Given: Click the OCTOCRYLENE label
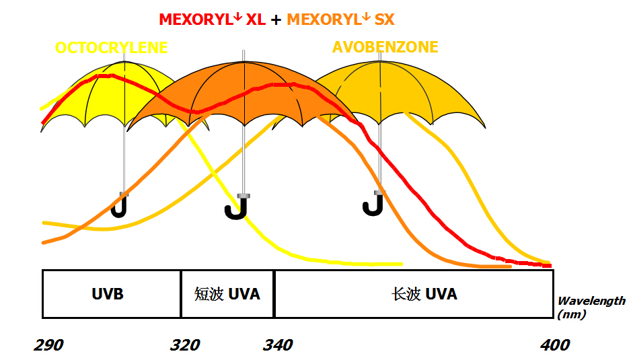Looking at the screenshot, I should click(x=111, y=48).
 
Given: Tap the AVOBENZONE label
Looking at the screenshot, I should click(x=385, y=47).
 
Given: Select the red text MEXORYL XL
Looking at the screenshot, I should click(x=212, y=20).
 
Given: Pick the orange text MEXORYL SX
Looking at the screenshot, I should click(x=340, y=20).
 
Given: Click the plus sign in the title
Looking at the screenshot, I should click(x=276, y=20).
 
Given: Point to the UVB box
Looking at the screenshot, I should click(x=111, y=294).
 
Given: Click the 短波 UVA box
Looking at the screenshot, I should click(x=227, y=294).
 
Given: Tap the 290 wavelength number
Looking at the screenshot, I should click(x=49, y=345).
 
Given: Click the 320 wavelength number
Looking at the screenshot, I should click(x=185, y=345).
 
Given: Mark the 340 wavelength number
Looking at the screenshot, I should click(x=277, y=345).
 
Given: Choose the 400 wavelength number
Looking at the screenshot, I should click(x=555, y=345).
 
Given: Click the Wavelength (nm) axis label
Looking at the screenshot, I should click(x=591, y=308).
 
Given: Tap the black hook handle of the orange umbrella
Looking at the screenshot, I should click(x=237, y=208).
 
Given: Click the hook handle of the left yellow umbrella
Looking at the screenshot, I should click(x=120, y=206).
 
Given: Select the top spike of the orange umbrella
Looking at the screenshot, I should click(x=244, y=55).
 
